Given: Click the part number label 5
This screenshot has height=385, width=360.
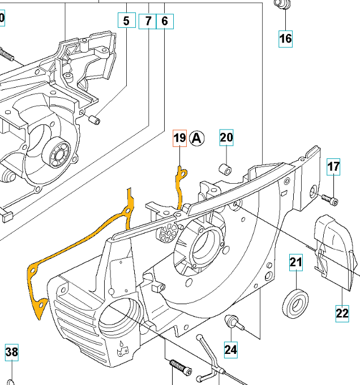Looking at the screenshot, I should [126, 21].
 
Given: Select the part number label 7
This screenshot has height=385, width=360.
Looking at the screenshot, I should [148, 21].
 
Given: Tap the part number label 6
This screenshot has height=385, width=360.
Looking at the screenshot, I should [165, 21].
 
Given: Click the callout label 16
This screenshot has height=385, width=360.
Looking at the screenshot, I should [285, 38].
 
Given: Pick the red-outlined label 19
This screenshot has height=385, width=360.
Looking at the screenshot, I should [179, 138].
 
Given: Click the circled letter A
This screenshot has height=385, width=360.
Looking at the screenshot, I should [196, 137].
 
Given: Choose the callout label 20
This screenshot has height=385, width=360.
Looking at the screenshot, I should [226, 137].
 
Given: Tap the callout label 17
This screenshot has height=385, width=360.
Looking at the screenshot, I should [333, 167].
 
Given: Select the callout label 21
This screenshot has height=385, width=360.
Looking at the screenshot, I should [297, 262].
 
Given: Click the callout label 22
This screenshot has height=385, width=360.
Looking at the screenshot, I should [342, 313].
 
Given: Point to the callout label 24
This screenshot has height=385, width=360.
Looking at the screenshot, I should [230, 349].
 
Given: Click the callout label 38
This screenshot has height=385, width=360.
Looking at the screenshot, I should [12, 353].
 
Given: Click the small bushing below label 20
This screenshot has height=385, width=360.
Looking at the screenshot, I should [225, 168].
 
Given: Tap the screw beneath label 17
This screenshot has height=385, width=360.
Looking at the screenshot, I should [331, 199].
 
